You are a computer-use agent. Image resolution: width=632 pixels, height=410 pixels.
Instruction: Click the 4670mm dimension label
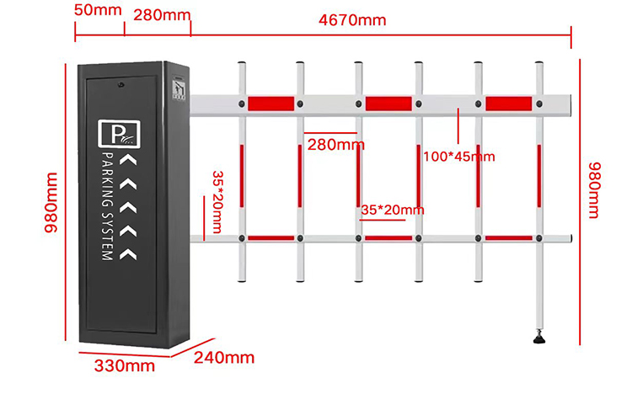click(x=352, y=19)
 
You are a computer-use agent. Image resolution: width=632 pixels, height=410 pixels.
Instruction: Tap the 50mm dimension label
click(x=98, y=9)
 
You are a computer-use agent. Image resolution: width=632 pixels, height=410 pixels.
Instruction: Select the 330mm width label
click(x=125, y=365)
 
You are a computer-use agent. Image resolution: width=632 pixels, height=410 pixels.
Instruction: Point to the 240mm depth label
click(x=224, y=357)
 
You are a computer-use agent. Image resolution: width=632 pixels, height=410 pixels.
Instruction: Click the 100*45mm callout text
click(x=459, y=157)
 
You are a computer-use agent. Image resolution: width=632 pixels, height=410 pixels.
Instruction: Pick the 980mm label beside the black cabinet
click(x=51, y=203)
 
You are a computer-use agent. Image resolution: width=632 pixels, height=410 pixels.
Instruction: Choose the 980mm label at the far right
click(x=595, y=190)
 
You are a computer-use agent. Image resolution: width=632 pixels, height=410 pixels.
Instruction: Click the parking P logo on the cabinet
click(x=120, y=134)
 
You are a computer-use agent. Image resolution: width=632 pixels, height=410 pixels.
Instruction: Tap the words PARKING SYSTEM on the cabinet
click(x=107, y=206)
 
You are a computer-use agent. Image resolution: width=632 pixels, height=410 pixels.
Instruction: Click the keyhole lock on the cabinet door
click(x=121, y=84)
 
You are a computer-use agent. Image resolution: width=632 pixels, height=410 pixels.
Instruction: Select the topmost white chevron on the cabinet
click(x=129, y=160)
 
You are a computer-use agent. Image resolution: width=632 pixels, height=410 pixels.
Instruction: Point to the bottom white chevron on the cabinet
click(x=129, y=253)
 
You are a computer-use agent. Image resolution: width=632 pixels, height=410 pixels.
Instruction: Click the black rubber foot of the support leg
click(x=539, y=338)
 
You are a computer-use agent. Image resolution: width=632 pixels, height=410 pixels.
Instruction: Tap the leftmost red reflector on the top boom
click(x=270, y=104)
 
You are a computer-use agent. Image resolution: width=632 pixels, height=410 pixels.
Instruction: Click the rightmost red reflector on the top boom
click(x=509, y=104)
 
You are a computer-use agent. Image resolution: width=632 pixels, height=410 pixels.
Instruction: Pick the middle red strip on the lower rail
click(x=388, y=238)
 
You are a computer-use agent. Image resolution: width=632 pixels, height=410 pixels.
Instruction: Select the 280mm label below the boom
click(x=335, y=145)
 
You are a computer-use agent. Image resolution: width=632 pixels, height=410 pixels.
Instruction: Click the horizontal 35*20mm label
click(x=392, y=210)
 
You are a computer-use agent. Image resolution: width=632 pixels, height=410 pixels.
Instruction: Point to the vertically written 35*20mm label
click(x=217, y=202)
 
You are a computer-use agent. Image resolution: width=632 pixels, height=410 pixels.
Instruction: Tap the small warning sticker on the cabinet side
click(x=179, y=90)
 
